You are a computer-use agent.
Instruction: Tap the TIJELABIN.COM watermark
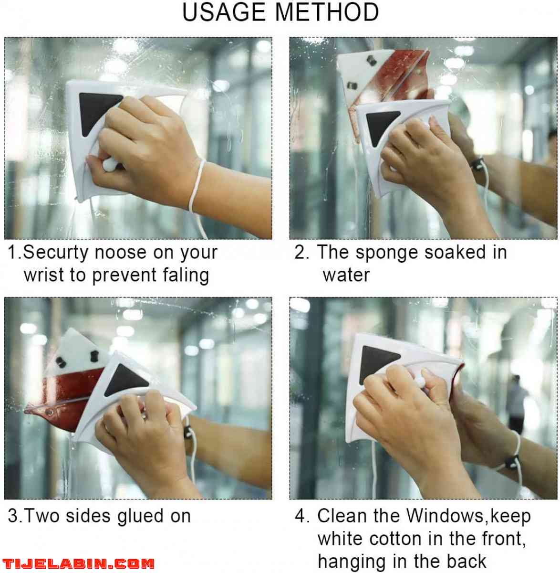click(78, 563)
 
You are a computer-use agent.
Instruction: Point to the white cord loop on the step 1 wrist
click(197, 185)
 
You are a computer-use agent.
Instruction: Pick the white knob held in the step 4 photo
click(420, 383)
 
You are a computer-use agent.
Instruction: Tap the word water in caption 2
click(346, 276)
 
